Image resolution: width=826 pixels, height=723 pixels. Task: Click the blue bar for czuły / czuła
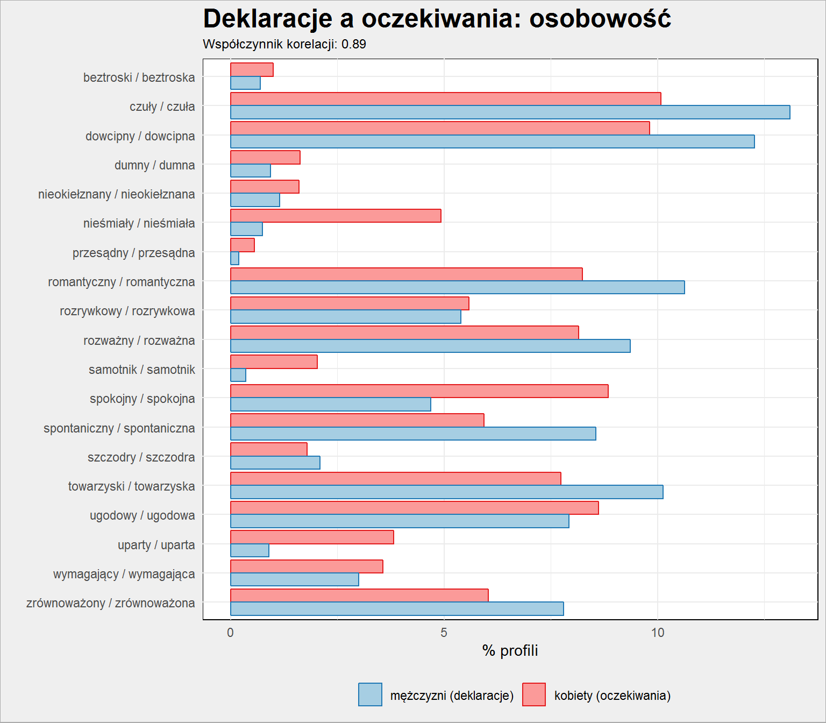510,112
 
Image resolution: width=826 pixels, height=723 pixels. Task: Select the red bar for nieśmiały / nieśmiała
336,216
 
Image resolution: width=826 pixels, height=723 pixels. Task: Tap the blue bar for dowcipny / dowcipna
492,141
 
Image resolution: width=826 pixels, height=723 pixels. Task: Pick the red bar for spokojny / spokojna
419,391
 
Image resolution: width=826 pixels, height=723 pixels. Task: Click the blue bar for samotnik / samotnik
238,375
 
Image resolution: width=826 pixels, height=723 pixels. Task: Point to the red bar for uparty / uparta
312,537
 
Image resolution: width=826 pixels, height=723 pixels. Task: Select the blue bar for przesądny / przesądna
234,258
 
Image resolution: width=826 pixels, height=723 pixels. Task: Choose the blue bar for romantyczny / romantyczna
458,287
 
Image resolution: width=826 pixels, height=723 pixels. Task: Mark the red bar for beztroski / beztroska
252,69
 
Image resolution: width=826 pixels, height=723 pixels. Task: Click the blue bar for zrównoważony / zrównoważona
397,609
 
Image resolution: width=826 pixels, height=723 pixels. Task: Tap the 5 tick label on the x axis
444,633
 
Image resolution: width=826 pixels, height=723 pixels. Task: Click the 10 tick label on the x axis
658,633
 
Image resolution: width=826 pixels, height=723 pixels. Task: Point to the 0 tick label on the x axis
231,633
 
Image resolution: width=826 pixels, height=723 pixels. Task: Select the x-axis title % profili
510,651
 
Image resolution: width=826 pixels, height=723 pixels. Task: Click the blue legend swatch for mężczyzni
370,694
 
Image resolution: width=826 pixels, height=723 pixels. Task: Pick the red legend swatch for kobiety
533,694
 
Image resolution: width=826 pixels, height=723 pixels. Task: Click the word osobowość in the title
600,19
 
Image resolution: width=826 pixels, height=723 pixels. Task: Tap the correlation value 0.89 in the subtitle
354,44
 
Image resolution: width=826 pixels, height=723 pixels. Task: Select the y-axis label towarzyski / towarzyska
132,486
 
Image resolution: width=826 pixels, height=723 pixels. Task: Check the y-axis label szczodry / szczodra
141,457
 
